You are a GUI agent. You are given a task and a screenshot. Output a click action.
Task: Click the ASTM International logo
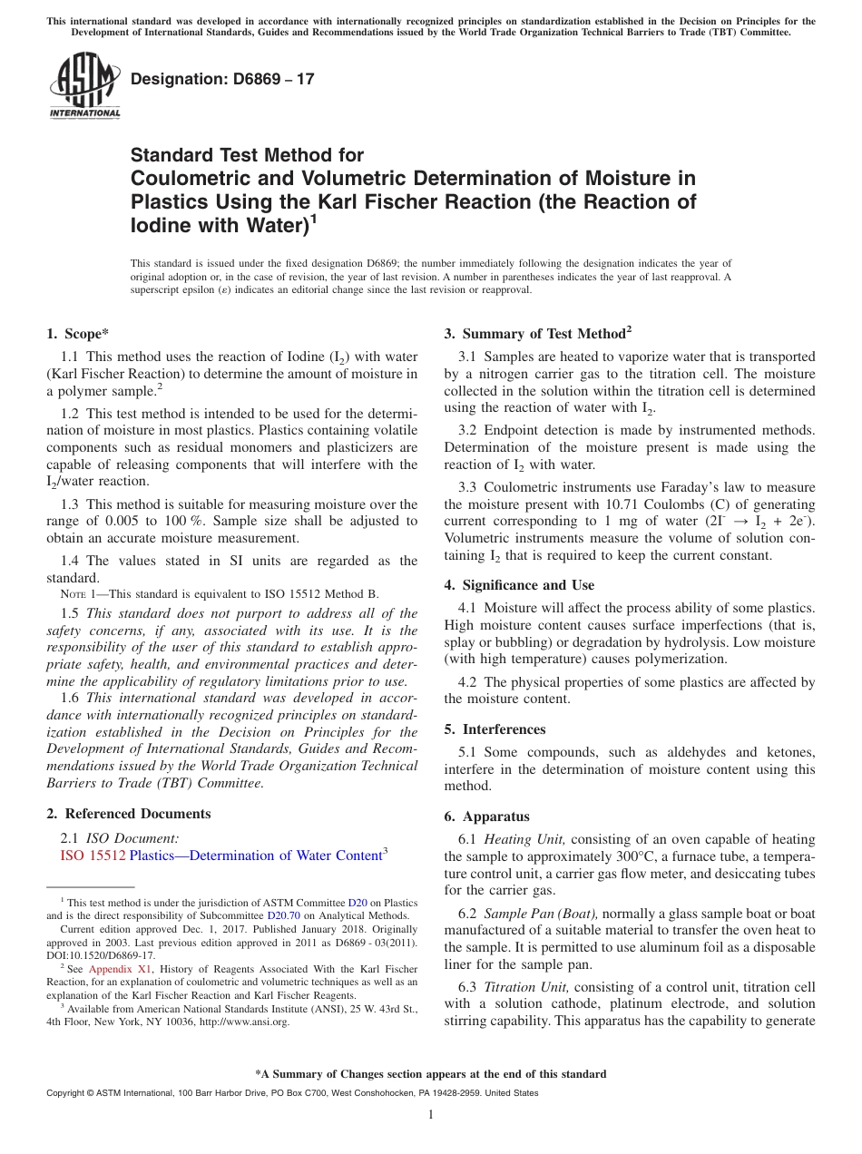[83, 86]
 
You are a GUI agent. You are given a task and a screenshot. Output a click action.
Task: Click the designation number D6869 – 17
[222, 79]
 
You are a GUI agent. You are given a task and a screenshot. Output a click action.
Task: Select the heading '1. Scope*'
[77, 333]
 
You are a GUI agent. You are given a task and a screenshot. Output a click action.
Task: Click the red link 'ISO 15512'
[93, 856]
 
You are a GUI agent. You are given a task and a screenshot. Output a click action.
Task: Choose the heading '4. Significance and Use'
[519, 585]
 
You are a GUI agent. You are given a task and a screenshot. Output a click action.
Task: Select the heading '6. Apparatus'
[486, 817]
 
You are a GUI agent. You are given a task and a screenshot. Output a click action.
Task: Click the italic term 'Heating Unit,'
[525, 840]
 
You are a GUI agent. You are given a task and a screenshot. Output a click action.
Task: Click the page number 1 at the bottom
[431, 1115]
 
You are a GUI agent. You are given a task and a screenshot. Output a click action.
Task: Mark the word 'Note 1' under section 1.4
[76, 594]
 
